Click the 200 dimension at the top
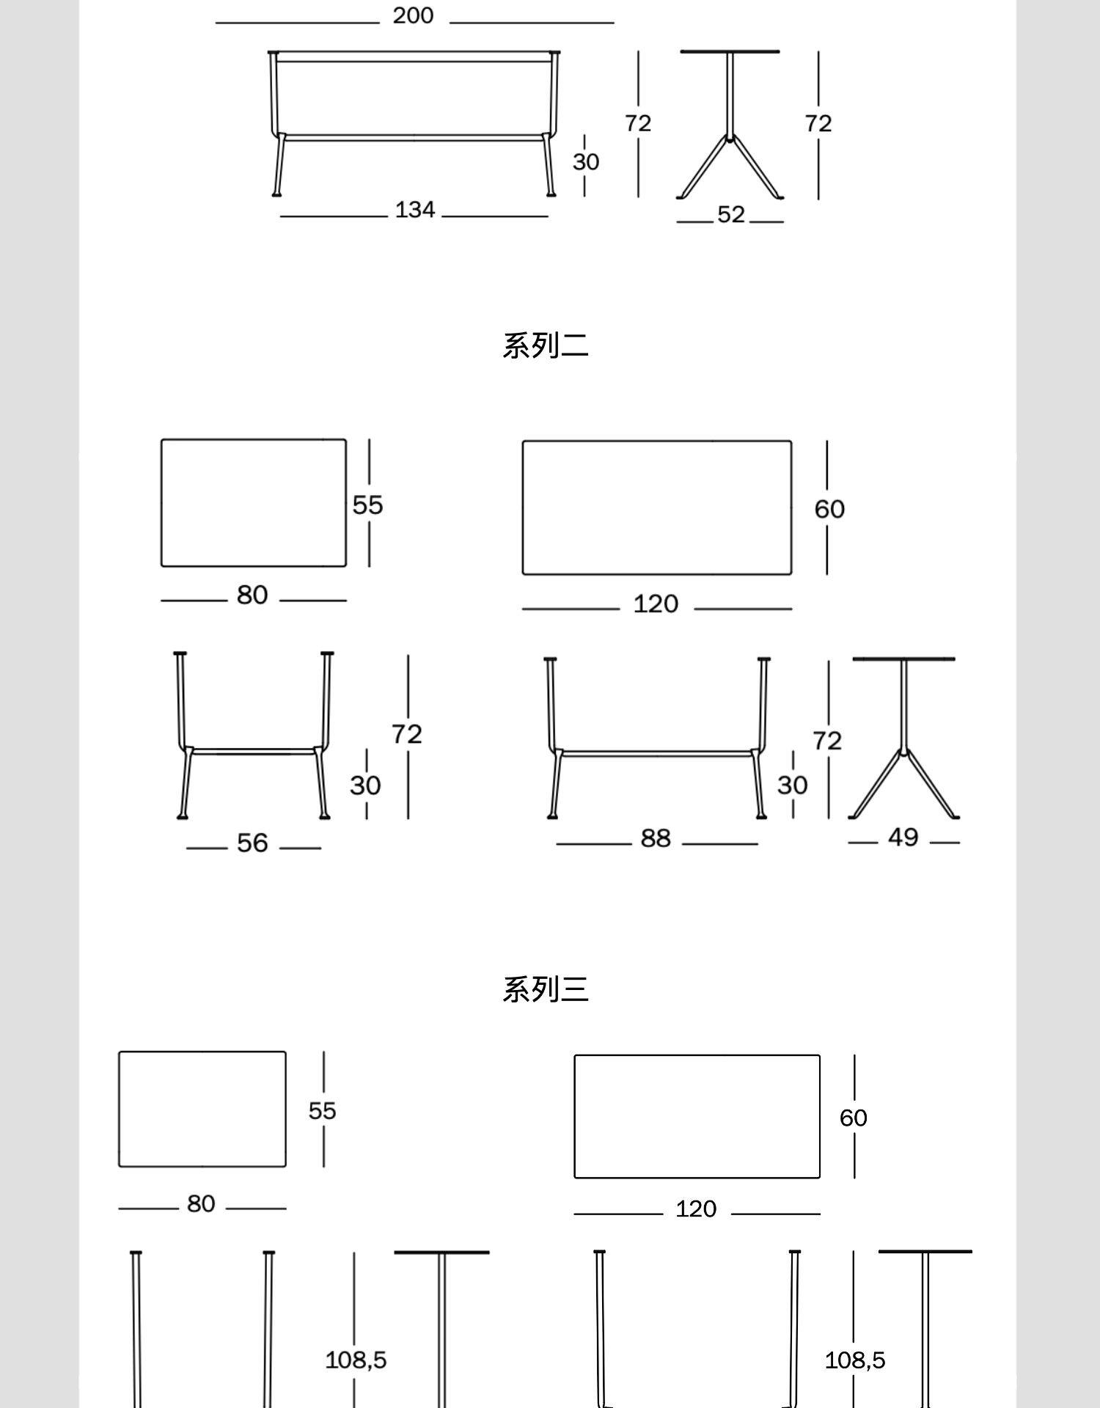[413, 15]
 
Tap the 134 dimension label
[415, 210]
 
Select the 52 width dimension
[730, 215]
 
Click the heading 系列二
[545, 346]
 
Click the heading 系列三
[545, 990]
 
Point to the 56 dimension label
[252, 843]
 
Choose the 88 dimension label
[656, 838]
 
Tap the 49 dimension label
[903, 837]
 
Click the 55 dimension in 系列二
[367, 505]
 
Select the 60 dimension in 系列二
[829, 509]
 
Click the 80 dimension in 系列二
[252, 595]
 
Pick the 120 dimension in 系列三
[696, 1209]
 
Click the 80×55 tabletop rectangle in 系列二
[254, 503]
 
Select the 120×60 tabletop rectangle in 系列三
[697, 1116]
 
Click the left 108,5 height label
[356, 1360]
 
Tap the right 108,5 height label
[855, 1360]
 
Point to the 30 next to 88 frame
[792, 785]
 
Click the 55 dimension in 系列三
[322, 1110]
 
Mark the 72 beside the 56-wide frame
[406, 734]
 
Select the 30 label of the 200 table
[586, 162]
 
